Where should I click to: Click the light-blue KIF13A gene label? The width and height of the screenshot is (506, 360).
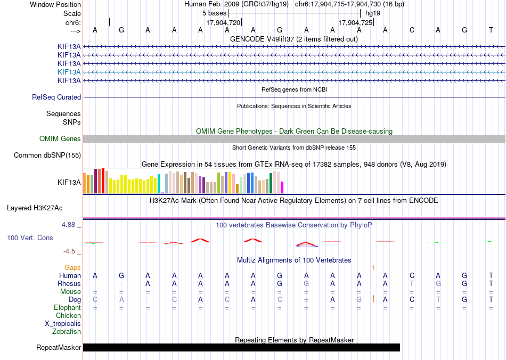(x=69, y=72)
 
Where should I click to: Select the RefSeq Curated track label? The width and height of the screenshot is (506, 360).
(x=56, y=97)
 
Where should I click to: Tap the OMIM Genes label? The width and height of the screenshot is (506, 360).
(x=60, y=138)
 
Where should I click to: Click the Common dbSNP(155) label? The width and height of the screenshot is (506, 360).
(x=47, y=155)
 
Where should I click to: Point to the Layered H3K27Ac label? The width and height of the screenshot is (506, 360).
(x=35, y=208)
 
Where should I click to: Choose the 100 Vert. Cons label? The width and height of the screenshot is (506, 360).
(x=30, y=238)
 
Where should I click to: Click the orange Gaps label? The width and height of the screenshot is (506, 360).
(x=72, y=268)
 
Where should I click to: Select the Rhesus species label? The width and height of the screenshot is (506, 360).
(x=69, y=283)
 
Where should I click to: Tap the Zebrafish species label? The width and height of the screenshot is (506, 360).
(x=67, y=331)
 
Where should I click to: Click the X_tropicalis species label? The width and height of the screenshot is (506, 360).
(x=63, y=324)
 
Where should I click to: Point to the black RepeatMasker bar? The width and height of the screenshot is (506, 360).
(x=241, y=347)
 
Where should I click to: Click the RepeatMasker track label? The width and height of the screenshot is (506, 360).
(x=59, y=347)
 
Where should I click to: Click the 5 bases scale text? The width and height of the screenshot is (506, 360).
(x=214, y=13)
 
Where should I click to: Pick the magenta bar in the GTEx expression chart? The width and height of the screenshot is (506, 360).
(x=282, y=187)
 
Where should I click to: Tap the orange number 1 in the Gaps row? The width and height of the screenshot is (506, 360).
(x=373, y=268)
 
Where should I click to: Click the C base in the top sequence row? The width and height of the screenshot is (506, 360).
(x=412, y=30)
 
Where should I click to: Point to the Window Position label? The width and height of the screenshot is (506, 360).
(x=55, y=4)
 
